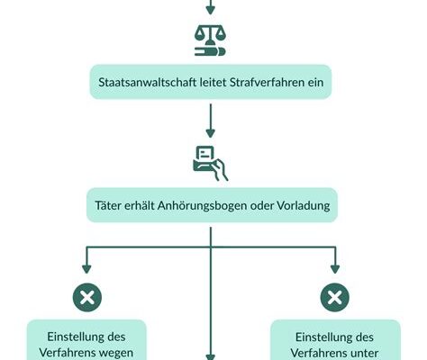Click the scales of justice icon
click(x=210, y=40)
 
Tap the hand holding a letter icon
click(x=210, y=163)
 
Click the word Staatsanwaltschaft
click(x=148, y=82)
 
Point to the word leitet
click(x=213, y=82)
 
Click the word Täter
click(x=108, y=205)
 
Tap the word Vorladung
click(x=304, y=205)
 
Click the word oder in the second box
click(x=262, y=205)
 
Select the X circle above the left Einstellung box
click(x=87, y=298)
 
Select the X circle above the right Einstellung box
click(x=335, y=298)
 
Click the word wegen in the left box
click(x=116, y=353)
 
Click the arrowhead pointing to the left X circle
click(x=86, y=269)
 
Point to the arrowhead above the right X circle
click(x=335, y=269)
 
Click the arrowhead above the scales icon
click(x=210, y=10)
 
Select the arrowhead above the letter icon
click(x=210, y=133)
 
